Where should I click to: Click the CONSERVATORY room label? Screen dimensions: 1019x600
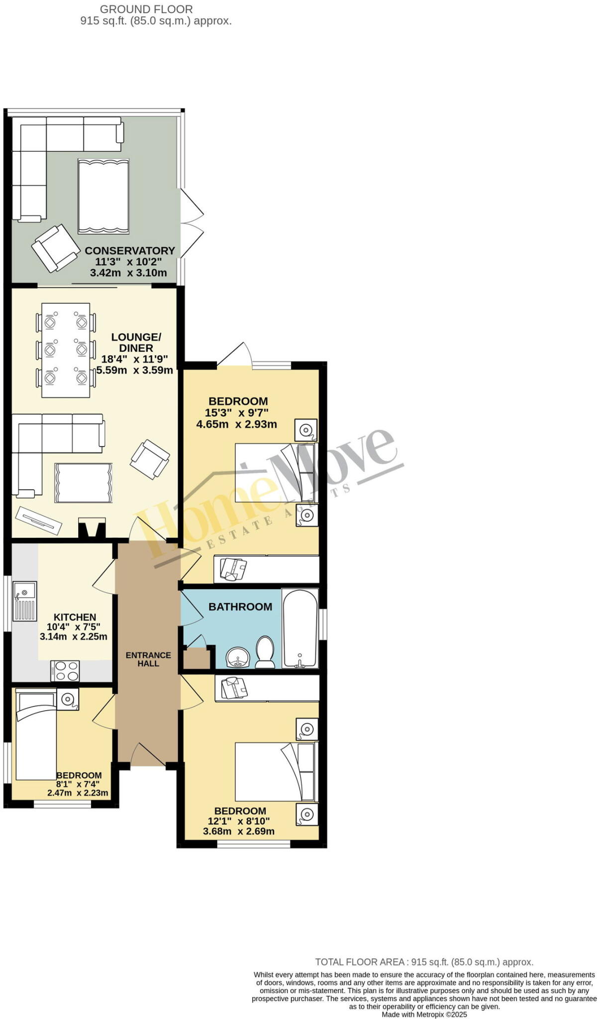pyautogui.click(x=130, y=250)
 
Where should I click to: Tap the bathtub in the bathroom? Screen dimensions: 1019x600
pyautogui.click(x=300, y=628)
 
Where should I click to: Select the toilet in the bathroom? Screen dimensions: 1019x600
pyautogui.click(x=265, y=652)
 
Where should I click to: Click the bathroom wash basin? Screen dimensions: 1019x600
pyautogui.click(x=239, y=658)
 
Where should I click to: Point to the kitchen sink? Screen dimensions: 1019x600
pyautogui.click(x=24, y=602)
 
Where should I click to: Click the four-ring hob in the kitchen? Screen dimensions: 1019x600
pyautogui.click(x=65, y=670)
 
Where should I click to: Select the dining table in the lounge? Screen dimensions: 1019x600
pyautogui.click(x=66, y=350)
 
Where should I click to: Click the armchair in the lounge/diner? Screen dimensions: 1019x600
pyautogui.click(x=149, y=459)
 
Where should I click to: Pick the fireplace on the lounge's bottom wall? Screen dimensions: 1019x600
pyautogui.click(x=92, y=527)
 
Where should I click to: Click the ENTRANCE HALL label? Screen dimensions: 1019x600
pyautogui.click(x=148, y=659)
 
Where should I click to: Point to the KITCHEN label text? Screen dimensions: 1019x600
pyautogui.click(x=75, y=617)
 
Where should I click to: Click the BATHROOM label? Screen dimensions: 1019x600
pyautogui.click(x=240, y=607)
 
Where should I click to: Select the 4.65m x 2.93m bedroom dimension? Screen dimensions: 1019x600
pyautogui.click(x=237, y=424)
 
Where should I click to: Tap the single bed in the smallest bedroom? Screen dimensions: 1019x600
pyautogui.click(x=36, y=737)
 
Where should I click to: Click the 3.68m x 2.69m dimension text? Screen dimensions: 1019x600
pyautogui.click(x=239, y=831)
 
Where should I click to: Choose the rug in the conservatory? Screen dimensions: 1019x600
pyautogui.click(x=103, y=196)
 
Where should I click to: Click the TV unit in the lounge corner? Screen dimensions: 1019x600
pyautogui.click(x=38, y=520)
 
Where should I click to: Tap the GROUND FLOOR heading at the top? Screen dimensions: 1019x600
pyautogui.click(x=146, y=9)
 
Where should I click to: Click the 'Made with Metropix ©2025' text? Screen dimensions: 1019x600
pyautogui.click(x=424, y=1015)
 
